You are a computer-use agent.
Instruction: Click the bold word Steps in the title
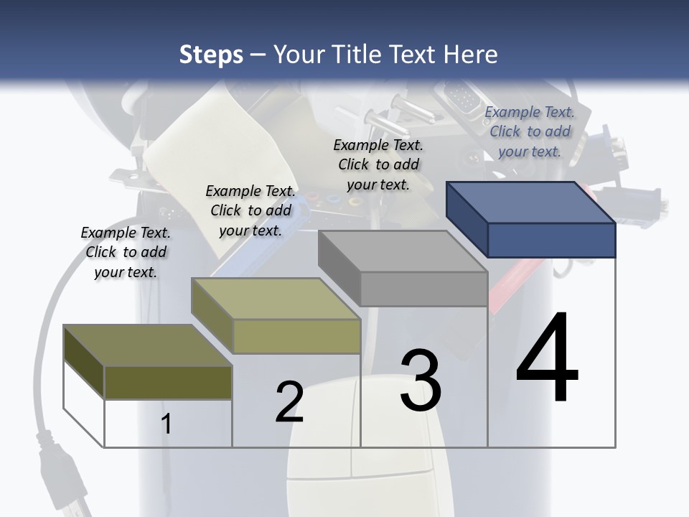click(211, 55)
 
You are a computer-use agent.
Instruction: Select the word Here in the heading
click(470, 55)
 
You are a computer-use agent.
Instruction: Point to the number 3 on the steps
click(421, 379)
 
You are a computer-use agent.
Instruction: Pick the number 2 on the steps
click(289, 401)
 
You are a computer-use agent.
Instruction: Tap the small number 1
click(166, 424)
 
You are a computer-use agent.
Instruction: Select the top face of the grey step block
click(403, 251)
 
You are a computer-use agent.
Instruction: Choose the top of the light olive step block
click(276, 299)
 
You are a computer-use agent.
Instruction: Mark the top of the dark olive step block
click(148, 345)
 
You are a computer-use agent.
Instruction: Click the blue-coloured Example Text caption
click(530, 132)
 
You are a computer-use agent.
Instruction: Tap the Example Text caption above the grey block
click(378, 165)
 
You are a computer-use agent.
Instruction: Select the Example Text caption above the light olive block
click(250, 210)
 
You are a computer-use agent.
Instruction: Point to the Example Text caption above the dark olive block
click(126, 252)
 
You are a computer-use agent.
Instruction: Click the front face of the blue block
click(552, 241)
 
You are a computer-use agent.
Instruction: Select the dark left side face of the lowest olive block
click(84, 362)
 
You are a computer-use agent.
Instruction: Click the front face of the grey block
click(424, 289)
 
